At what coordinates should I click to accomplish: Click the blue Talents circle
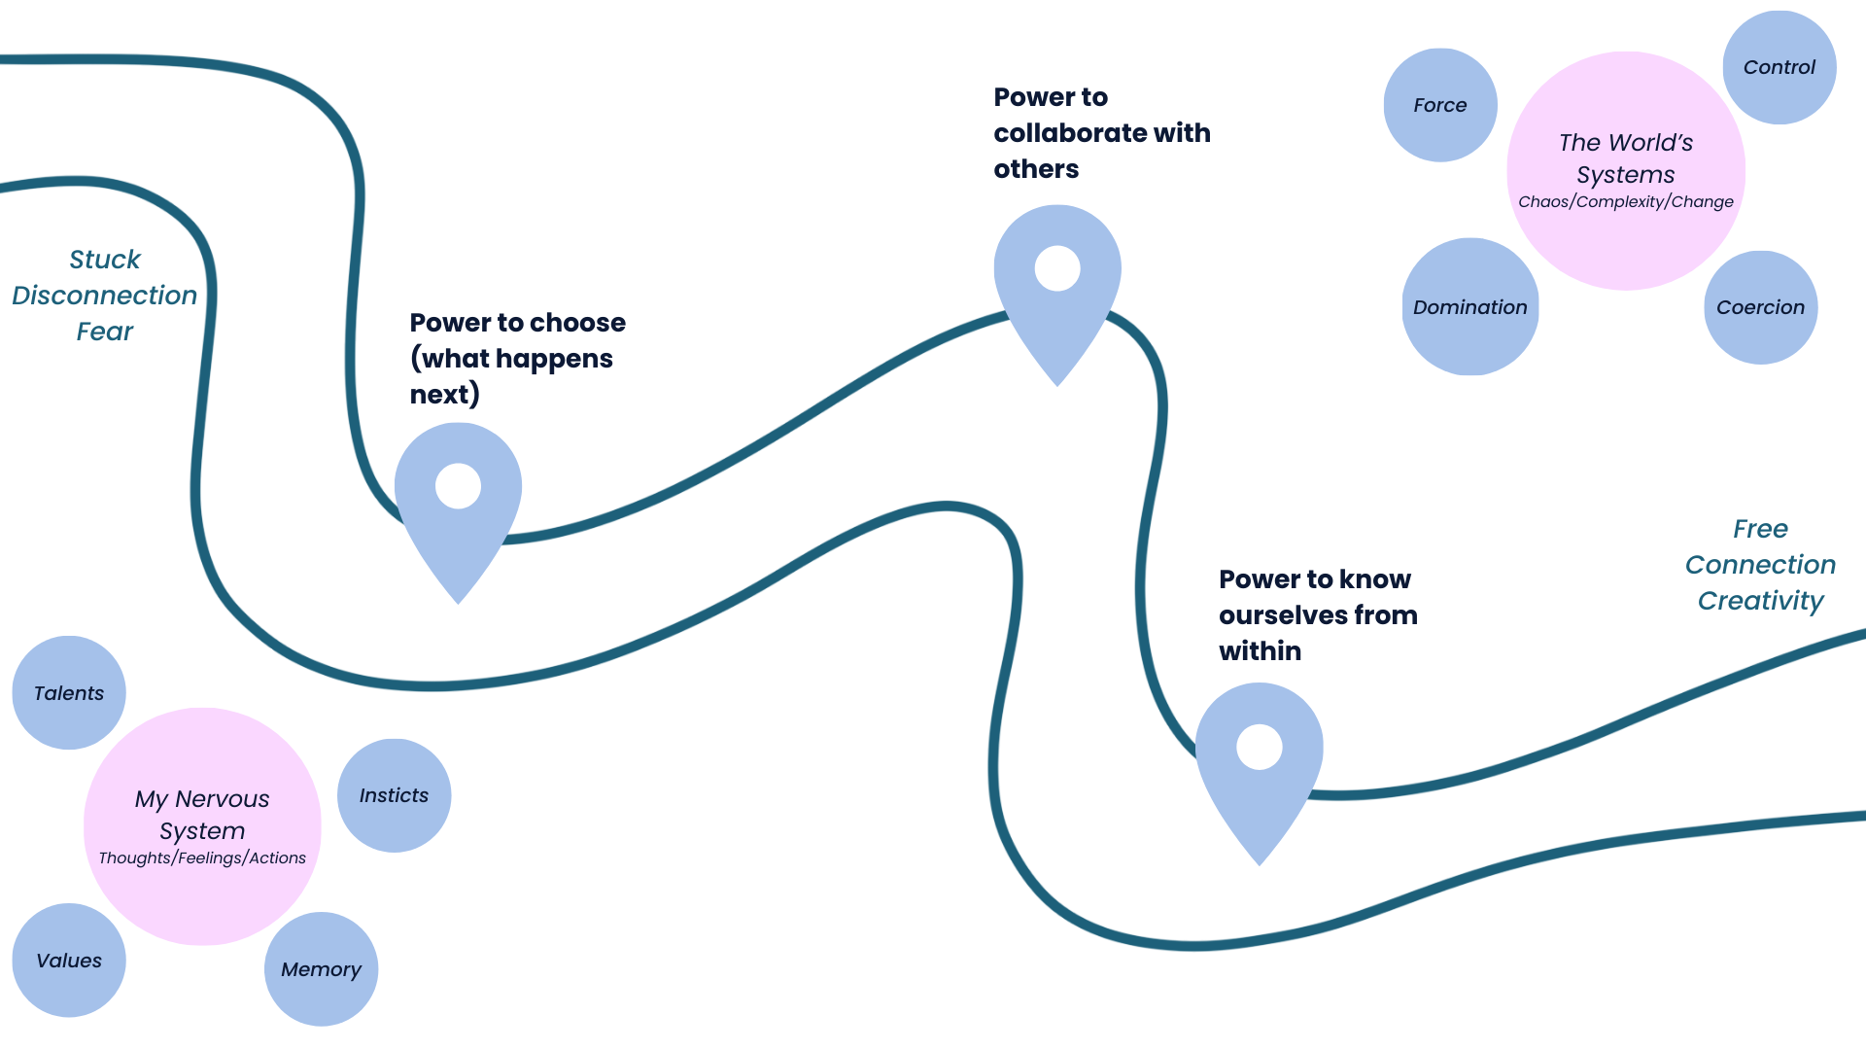[x=69, y=692]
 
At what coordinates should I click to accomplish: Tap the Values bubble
[x=69, y=960]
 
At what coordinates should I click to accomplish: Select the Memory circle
[x=321, y=968]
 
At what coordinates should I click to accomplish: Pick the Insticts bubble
[x=394, y=795]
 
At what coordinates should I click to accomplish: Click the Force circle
[x=1440, y=105]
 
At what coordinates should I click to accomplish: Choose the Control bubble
[x=1780, y=67]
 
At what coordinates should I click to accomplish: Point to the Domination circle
[x=1469, y=307]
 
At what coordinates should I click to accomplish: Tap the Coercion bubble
[x=1760, y=307]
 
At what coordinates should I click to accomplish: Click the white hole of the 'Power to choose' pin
[x=458, y=486]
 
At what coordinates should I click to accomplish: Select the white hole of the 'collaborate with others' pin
[x=1057, y=268]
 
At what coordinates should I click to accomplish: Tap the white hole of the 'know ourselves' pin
[x=1259, y=747]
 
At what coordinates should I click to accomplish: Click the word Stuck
[x=105, y=260]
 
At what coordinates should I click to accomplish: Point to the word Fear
[x=105, y=332]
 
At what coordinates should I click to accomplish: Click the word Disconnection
[x=105, y=296]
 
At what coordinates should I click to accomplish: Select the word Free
[x=1760, y=529]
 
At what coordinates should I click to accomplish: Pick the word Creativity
[x=1760, y=601]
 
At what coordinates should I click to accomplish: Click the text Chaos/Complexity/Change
[x=1625, y=202]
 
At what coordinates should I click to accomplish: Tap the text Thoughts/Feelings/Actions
[x=202, y=858]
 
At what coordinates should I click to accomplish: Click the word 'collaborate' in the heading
[x=1062, y=133]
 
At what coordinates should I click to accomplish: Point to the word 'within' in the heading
[x=1260, y=651]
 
